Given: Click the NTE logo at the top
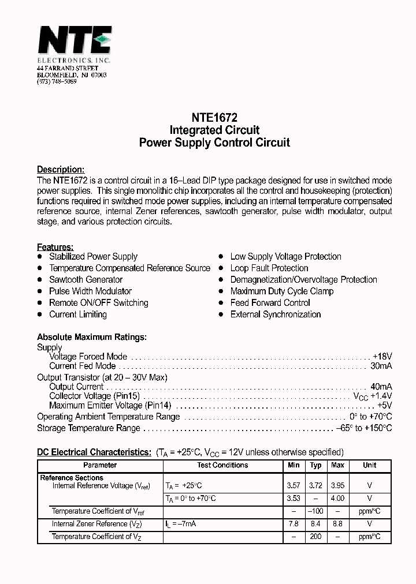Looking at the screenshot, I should click(74, 42).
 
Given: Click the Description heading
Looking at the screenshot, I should click(61, 170).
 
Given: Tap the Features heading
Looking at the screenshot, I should click(55, 247).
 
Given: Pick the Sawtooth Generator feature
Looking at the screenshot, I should click(86, 280).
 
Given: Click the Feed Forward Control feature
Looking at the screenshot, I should click(270, 303).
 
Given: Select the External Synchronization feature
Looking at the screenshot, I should click(275, 315).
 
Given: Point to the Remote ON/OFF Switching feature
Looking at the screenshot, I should click(98, 303).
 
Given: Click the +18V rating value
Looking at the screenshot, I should click(382, 357).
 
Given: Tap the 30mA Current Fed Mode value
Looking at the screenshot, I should click(381, 366).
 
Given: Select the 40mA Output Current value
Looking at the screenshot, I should click(381, 387).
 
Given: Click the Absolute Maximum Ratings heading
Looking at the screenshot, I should click(91, 337).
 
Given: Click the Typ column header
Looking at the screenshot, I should click(315, 465).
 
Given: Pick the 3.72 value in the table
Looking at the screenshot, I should click(315, 486).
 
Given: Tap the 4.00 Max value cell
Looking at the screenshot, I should click(337, 499).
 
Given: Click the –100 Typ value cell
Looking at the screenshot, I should click(315, 511).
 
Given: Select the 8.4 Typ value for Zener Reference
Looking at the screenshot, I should click(315, 524).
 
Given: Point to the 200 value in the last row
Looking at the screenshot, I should click(315, 537).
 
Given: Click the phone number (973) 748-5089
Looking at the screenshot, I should click(57, 82).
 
